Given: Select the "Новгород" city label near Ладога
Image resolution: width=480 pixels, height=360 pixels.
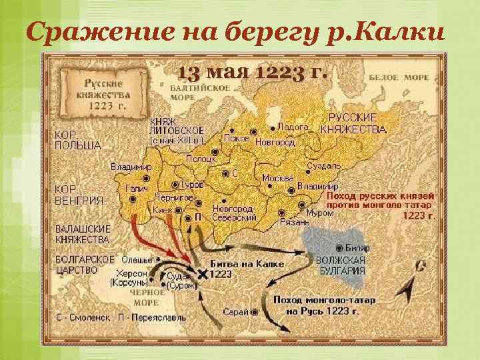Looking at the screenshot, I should coord(275,143).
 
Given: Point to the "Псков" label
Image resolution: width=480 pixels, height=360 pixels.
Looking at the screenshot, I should coord(237,139).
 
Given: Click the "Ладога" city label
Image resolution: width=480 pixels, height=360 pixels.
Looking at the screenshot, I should coord(293,127).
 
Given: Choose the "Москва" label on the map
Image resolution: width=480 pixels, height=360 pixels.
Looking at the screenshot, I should coord(278,178).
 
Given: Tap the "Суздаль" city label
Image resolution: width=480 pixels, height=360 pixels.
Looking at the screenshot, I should coord(325,165).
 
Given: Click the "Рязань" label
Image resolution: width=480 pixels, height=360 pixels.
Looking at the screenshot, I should coord(294,221).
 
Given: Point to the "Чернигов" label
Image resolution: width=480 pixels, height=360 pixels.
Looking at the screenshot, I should coord(175,198).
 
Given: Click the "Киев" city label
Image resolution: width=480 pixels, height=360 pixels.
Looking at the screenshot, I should coord(163,210).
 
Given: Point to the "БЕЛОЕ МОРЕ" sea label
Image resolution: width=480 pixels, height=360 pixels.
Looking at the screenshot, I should coord(407,78).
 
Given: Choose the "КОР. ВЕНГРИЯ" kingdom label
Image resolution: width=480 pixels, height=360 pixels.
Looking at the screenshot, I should coord(79,195).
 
